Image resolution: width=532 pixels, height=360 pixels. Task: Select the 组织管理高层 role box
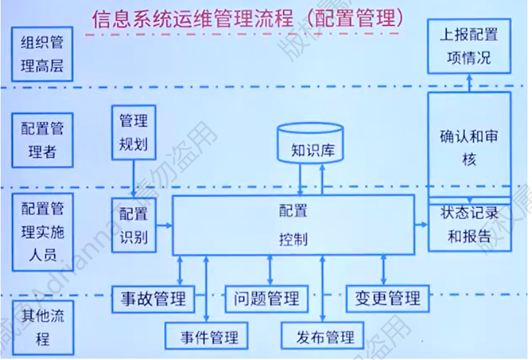tap(42, 54)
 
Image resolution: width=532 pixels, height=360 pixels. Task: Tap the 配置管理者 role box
tap(42, 139)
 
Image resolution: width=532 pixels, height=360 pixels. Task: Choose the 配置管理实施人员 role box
tap(42, 230)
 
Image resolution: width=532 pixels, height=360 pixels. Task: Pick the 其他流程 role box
tap(42, 326)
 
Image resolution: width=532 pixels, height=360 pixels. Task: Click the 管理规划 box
tap(133, 132)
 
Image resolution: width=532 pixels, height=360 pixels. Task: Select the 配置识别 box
tap(133, 225)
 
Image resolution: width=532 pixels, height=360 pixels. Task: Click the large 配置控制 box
tap(293, 225)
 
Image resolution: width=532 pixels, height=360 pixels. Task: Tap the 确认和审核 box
tap(469, 147)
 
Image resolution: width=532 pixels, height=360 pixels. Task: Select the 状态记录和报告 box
tap(469, 225)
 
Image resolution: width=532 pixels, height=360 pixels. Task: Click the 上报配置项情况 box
tap(469, 47)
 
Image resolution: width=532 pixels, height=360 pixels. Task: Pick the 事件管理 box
tap(209, 337)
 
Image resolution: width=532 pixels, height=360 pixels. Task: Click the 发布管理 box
tap(325, 337)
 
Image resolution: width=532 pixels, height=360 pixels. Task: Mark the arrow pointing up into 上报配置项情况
tap(469, 83)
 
